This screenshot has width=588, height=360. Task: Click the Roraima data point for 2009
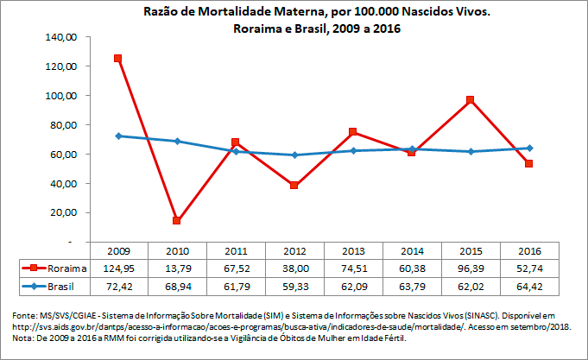(x=118, y=59)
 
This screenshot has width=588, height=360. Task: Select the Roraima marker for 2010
(x=177, y=221)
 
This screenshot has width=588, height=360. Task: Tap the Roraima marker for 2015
(x=470, y=100)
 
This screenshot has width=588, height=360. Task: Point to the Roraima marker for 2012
(x=294, y=186)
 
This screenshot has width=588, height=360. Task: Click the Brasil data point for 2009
(x=118, y=136)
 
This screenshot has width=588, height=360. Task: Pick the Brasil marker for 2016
(x=528, y=148)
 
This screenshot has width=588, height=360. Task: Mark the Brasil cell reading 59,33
(x=294, y=284)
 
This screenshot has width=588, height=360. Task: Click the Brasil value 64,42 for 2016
(x=528, y=284)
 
